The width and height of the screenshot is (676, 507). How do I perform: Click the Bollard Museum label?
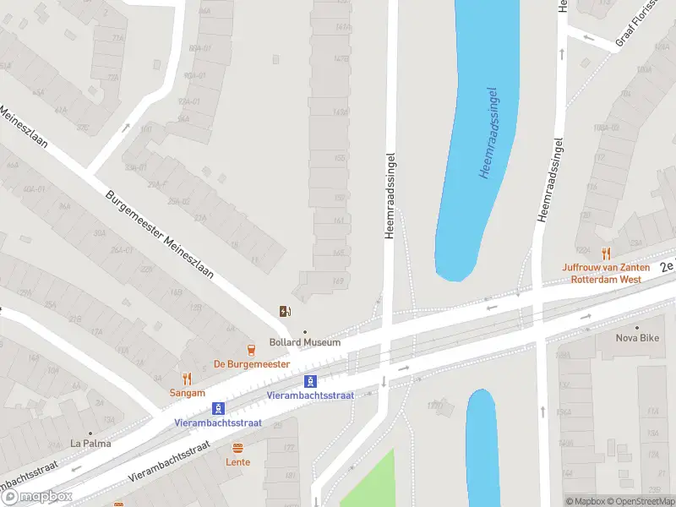coord(305,342)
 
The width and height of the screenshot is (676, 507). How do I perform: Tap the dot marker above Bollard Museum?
coord(305,331)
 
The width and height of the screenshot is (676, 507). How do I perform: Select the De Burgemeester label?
coord(251,363)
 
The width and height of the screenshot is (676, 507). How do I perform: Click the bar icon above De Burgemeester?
coord(251,350)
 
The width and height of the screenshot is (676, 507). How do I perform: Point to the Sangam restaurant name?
coord(187,393)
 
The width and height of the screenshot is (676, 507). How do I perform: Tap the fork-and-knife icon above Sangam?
coord(187,379)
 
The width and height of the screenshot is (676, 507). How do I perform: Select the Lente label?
coord(237,462)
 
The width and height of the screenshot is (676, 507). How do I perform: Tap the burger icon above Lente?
coord(237,449)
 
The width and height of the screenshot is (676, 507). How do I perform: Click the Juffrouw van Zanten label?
coord(605,268)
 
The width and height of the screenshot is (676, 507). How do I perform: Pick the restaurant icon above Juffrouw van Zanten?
coord(606,253)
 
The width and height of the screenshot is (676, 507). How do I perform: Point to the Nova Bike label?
coord(637,338)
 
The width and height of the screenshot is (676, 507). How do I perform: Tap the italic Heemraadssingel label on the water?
coord(488,133)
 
